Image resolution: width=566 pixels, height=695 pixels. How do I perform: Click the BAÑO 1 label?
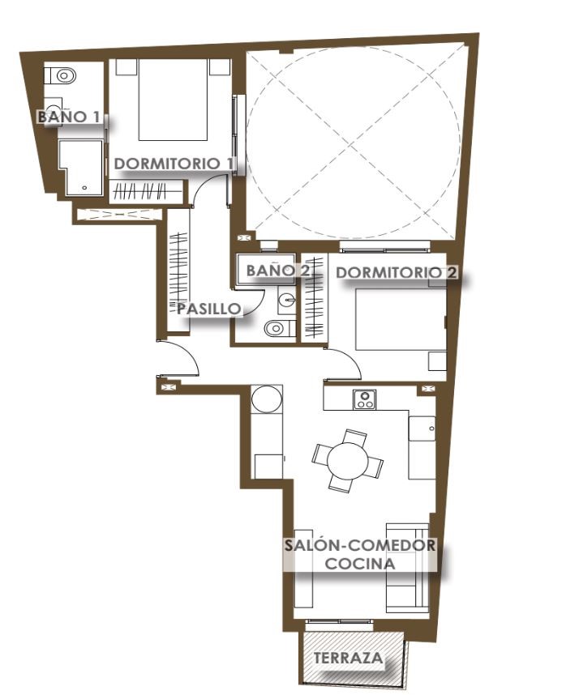pyautogui.click(x=69, y=117)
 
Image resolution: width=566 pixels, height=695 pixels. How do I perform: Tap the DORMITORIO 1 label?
pyautogui.click(x=174, y=164)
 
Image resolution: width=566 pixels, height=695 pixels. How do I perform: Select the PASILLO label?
pyautogui.click(x=209, y=309)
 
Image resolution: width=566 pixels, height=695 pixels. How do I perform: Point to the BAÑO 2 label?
pyautogui.click(x=278, y=271)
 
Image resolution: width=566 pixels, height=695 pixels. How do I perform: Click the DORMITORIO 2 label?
pyautogui.click(x=397, y=272)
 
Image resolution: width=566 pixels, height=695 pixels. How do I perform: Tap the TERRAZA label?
pyautogui.click(x=348, y=658)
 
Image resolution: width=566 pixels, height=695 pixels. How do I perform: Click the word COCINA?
pyautogui.click(x=360, y=563)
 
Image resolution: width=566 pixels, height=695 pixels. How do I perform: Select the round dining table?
pyautogui.click(x=348, y=460)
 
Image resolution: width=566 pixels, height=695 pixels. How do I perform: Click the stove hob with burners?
pyautogui.click(x=365, y=399)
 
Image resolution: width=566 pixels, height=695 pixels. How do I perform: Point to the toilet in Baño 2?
pyautogui.click(x=279, y=328)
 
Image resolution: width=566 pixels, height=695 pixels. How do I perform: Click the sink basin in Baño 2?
pyautogui.click(x=287, y=300)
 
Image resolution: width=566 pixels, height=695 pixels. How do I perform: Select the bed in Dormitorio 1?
pyautogui.click(x=173, y=100)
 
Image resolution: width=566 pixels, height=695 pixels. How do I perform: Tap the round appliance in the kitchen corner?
pyautogui.click(x=267, y=399)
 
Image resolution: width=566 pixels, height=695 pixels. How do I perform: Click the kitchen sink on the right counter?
pyautogui.click(x=422, y=429)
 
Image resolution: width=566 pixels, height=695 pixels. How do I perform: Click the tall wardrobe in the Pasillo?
pyautogui.click(x=178, y=270)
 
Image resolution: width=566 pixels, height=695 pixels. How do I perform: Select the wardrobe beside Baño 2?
pyautogui.click(x=315, y=297)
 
